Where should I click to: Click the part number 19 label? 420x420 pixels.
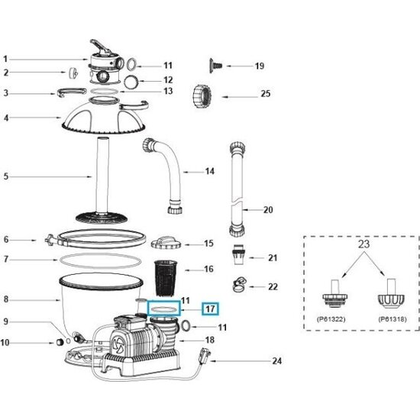259,66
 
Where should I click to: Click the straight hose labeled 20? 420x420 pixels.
235,187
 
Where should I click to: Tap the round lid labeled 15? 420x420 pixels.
166,242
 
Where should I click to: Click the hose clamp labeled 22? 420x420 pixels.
237,286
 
